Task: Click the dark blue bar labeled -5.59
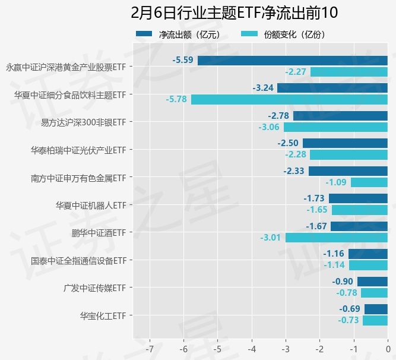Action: click(293, 61)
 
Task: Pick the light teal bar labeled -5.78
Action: click(289, 99)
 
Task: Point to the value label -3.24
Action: click(263, 88)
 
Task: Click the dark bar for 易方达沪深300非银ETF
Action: click(340, 116)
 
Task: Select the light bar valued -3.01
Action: click(337, 238)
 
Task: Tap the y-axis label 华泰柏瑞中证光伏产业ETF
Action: click(78, 150)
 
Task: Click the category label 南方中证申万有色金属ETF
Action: click(78, 178)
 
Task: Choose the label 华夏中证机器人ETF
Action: click(91, 205)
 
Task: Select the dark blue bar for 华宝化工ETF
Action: click(376, 309)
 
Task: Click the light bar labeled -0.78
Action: click(374, 293)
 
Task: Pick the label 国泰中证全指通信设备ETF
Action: click(78, 260)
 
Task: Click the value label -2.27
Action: click(296, 72)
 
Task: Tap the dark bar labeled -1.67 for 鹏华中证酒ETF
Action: click(359, 226)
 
